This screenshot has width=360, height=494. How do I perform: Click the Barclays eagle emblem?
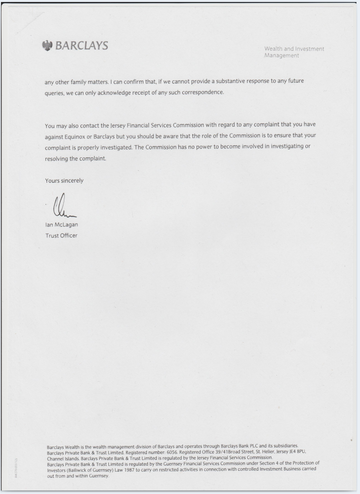pyautogui.click(x=48, y=46)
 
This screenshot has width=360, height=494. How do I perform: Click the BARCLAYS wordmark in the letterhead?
pyautogui.click(x=82, y=46)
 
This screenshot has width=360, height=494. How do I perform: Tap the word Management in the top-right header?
pyautogui.click(x=282, y=56)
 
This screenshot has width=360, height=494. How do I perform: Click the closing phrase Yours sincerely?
pyautogui.click(x=64, y=181)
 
